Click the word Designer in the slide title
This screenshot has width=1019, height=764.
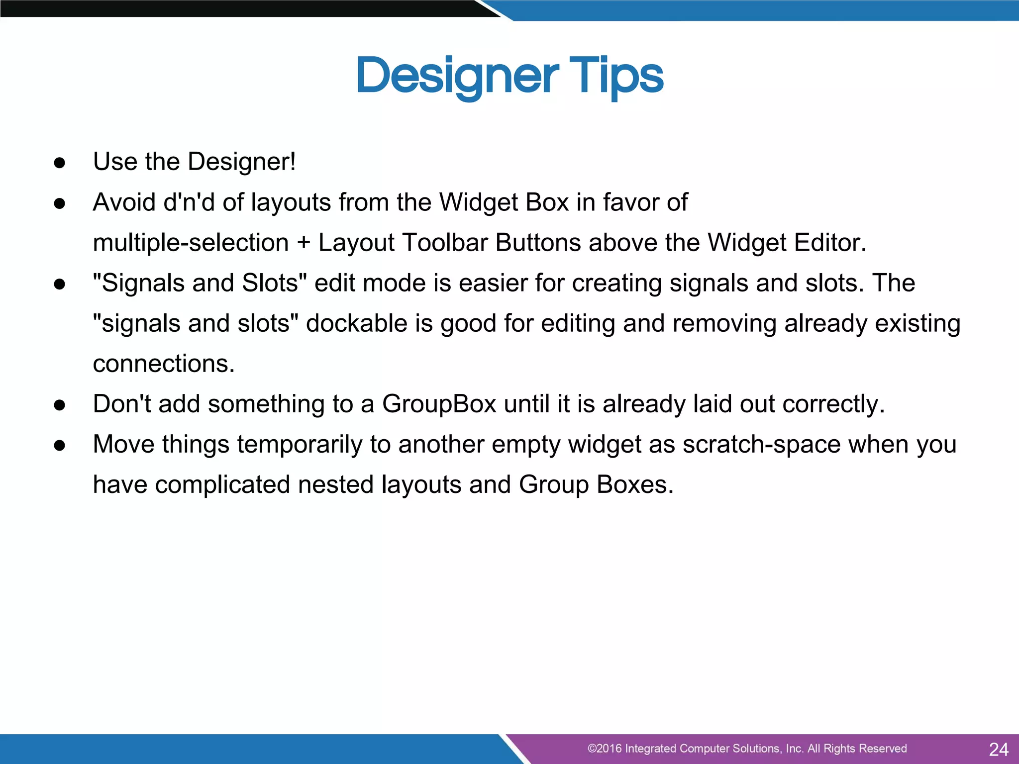pyautogui.click(x=458, y=77)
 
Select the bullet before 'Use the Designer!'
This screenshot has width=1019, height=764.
pyautogui.click(x=60, y=163)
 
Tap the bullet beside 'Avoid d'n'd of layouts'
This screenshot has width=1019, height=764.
pyautogui.click(x=60, y=203)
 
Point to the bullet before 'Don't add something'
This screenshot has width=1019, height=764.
pyautogui.click(x=60, y=405)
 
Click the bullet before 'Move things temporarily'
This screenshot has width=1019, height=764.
pyautogui.click(x=60, y=445)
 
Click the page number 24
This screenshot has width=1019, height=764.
pyautogui.click(x=998, y=749)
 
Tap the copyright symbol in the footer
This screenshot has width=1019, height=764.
pyautogui.click(x=592, y=749)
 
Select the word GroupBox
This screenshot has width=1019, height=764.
pyautogui.click(x=439, y=404)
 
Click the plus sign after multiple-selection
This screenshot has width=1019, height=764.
pyautogui.click(x=304, y=243)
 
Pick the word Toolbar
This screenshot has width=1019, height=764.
pyautogui.click(x=445, y=243)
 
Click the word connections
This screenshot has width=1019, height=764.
pyautogui.click(x=163, y=364)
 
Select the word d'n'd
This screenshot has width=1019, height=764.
pyautogui.click(x=189, y=202)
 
